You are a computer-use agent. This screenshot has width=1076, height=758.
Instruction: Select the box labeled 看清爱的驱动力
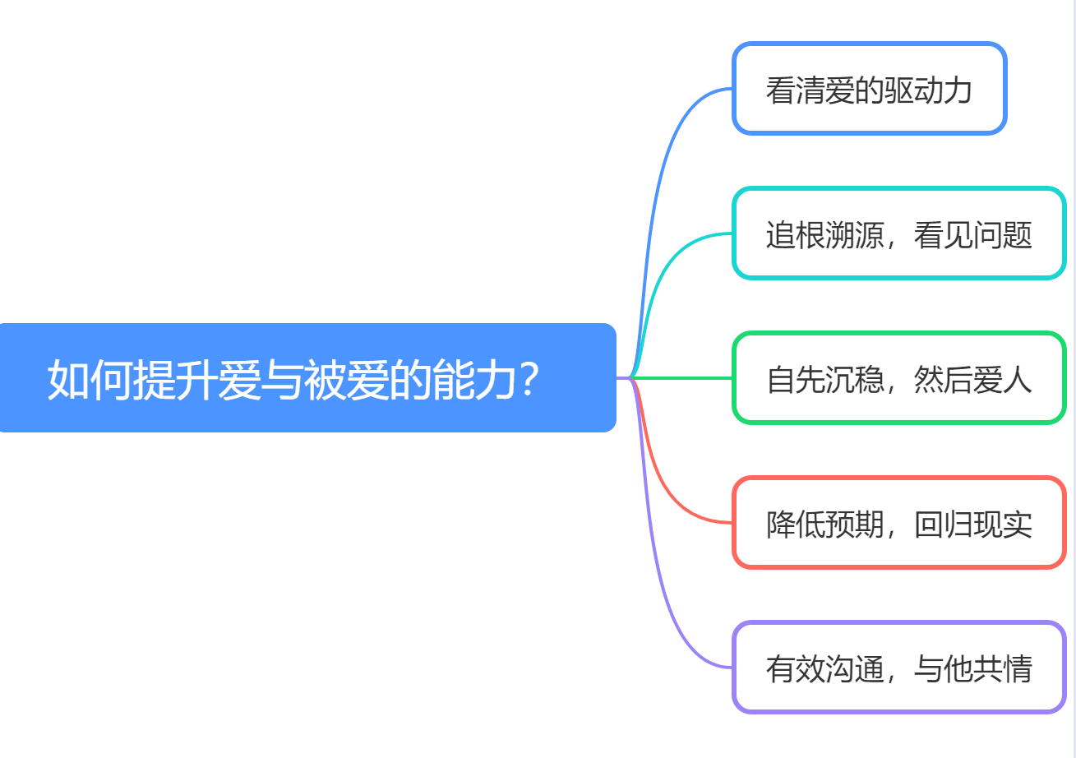(869, 89)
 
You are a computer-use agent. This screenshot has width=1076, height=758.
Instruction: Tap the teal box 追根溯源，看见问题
(898, 233)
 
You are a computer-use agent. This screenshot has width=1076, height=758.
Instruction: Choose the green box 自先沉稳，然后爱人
(898, 378)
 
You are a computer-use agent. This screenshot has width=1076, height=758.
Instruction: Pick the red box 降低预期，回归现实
(898, 523)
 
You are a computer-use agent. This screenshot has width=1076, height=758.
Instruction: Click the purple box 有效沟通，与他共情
(898, 668)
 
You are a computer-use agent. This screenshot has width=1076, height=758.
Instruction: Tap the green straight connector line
(682, 378)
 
